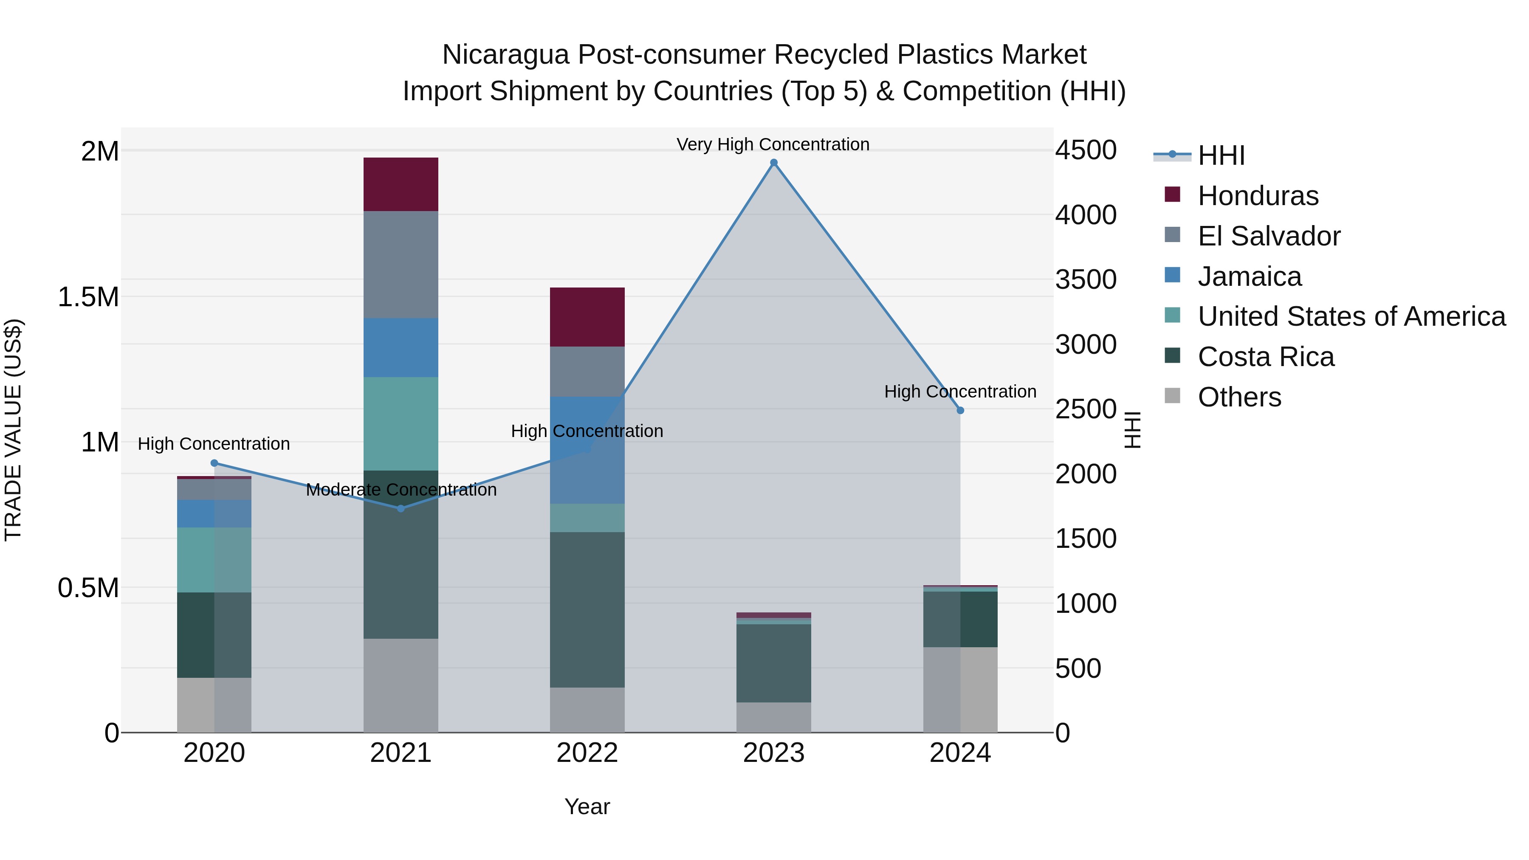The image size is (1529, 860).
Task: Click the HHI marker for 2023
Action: [773, 163]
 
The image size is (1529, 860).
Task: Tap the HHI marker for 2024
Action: [960, 410]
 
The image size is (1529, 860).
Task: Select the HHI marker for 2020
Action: [214, 463]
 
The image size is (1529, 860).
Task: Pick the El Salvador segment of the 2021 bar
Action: [401, 264]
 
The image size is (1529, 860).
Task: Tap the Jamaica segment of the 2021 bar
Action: [401, 347]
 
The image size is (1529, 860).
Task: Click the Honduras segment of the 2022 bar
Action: [587, 317]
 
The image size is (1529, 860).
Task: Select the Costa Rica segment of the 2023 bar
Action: [773, 663]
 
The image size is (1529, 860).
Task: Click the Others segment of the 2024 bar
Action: [960, 689]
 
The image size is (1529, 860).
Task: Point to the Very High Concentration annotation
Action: [773, 144]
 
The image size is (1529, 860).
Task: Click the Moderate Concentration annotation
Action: [401, 490]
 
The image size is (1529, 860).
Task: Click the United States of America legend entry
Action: [1351, 316]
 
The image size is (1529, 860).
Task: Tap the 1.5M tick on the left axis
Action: [88, 297]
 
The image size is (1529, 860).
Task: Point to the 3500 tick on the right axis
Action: [1086, 279]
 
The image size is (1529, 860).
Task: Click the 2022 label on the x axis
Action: [587, 753]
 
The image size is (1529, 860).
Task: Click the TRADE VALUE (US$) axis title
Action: [13, 430]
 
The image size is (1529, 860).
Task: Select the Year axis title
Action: [587, 806]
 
